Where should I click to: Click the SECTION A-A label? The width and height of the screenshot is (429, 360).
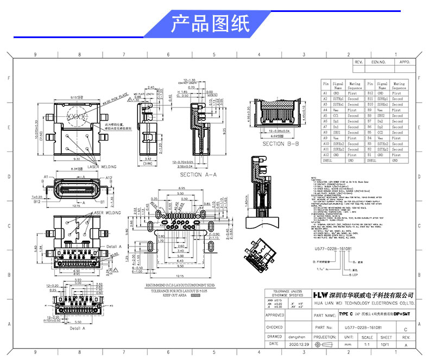198,175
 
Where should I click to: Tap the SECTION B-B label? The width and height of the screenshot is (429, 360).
280,144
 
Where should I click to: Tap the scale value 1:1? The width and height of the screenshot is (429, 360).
367,344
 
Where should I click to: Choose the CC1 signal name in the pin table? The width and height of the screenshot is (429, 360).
338,116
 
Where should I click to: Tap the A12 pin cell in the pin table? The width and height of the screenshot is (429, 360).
326,155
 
